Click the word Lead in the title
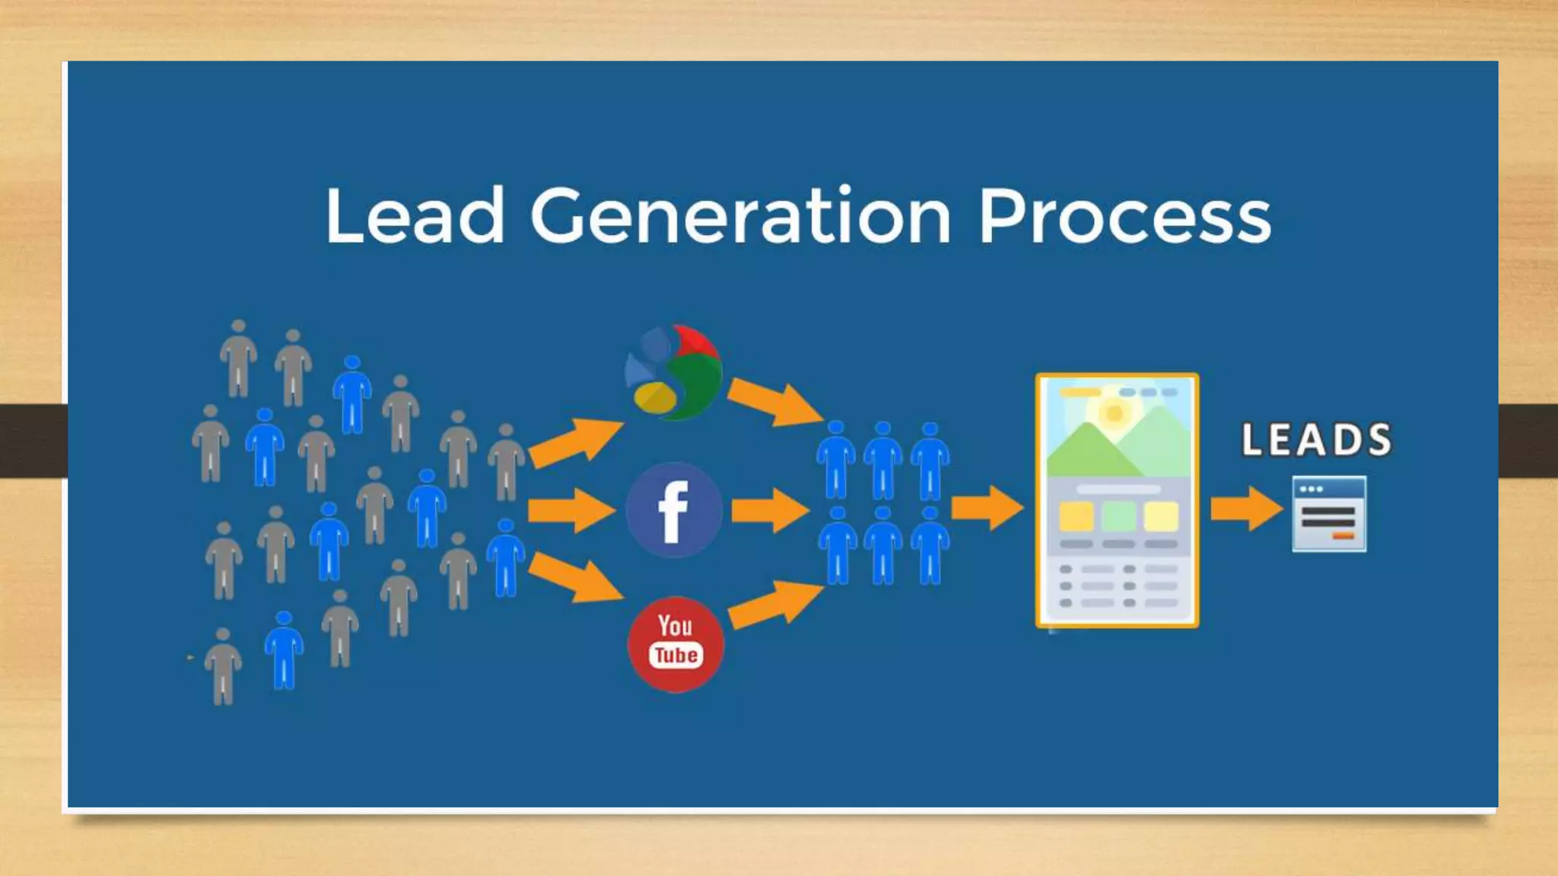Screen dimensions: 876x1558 click(x=415, y=217)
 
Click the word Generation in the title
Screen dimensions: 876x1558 click(x=740, y=217)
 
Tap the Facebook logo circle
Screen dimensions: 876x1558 click(x=674, y=510)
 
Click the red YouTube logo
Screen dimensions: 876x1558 click(x=676, y=644)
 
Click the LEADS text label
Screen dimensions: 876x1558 click(x=1317, y=440)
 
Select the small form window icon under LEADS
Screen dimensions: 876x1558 click(x=1329, y=514)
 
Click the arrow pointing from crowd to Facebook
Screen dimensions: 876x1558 click(x=571, y=510)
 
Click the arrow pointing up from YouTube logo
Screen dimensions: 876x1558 click(x=774, y=604)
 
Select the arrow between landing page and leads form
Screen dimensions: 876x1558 click(x=1246, y=508)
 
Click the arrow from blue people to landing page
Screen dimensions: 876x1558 click(x=987, y=508)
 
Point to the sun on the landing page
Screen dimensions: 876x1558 click(x=1114, y=413)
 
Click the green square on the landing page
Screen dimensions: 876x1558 click(x=1118, y=517)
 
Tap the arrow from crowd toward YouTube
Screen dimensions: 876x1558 click(x=574, y=577)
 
